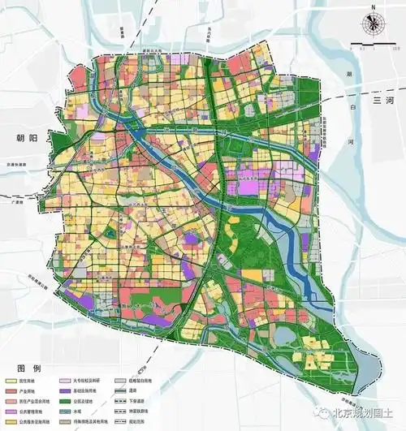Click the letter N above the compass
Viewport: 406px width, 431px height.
coord(373,7)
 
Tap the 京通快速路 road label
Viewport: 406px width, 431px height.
coord(19,163)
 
